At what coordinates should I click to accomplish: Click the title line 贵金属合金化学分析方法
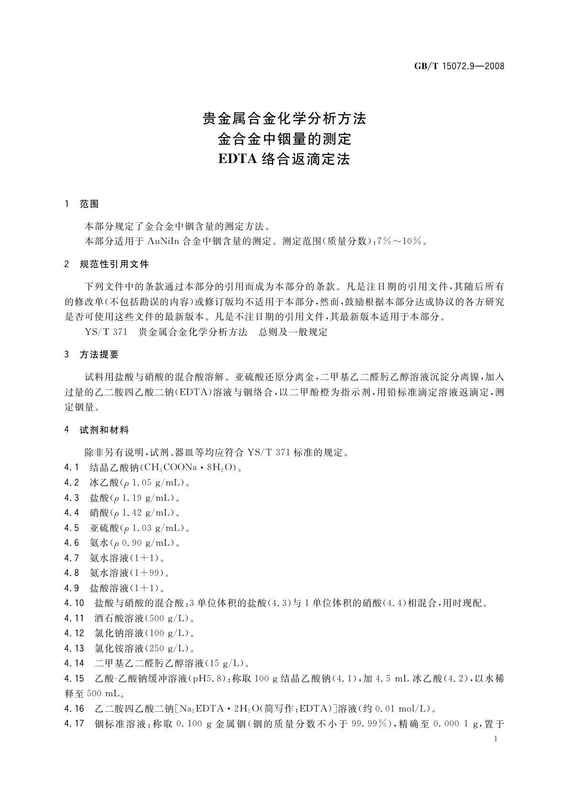284,119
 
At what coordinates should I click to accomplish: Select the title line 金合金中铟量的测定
284,139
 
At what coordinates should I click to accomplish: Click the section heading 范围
89,204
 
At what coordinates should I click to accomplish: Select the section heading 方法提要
99,355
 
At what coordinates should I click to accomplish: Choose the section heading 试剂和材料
104,430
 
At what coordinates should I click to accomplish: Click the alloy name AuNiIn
163,241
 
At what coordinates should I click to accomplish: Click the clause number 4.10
74,603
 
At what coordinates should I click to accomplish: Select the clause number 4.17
74,724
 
